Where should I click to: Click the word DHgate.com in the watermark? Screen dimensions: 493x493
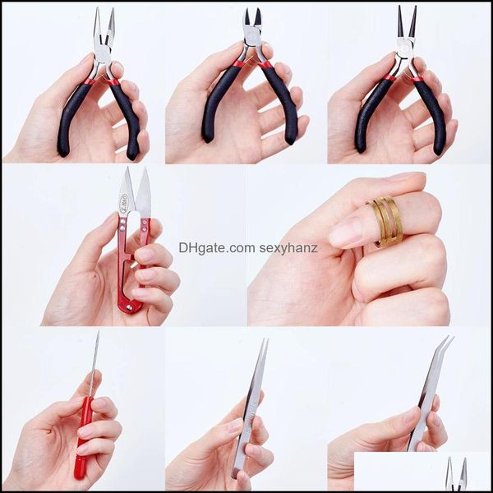[217, 248]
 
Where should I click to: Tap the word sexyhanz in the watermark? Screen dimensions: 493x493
[288, 249]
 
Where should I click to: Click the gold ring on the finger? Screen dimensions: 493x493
[386, 221]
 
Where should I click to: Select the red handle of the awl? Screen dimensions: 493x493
[82, 437]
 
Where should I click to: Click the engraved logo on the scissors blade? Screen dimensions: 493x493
[123, 203]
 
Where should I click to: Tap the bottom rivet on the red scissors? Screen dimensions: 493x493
[129, 308]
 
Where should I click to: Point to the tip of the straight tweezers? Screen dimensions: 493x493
[265, 340]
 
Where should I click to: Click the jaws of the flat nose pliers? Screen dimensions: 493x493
[104, 28]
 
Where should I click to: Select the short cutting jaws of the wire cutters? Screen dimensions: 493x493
[253, 20]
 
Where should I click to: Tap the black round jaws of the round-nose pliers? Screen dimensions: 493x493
[407, 21]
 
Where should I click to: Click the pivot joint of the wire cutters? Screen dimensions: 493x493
[253, 39]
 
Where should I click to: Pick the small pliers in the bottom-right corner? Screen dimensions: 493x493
[456, 474]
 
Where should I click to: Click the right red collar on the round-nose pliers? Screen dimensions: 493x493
[417, 79]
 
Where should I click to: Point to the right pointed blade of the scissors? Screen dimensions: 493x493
[144, 192]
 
